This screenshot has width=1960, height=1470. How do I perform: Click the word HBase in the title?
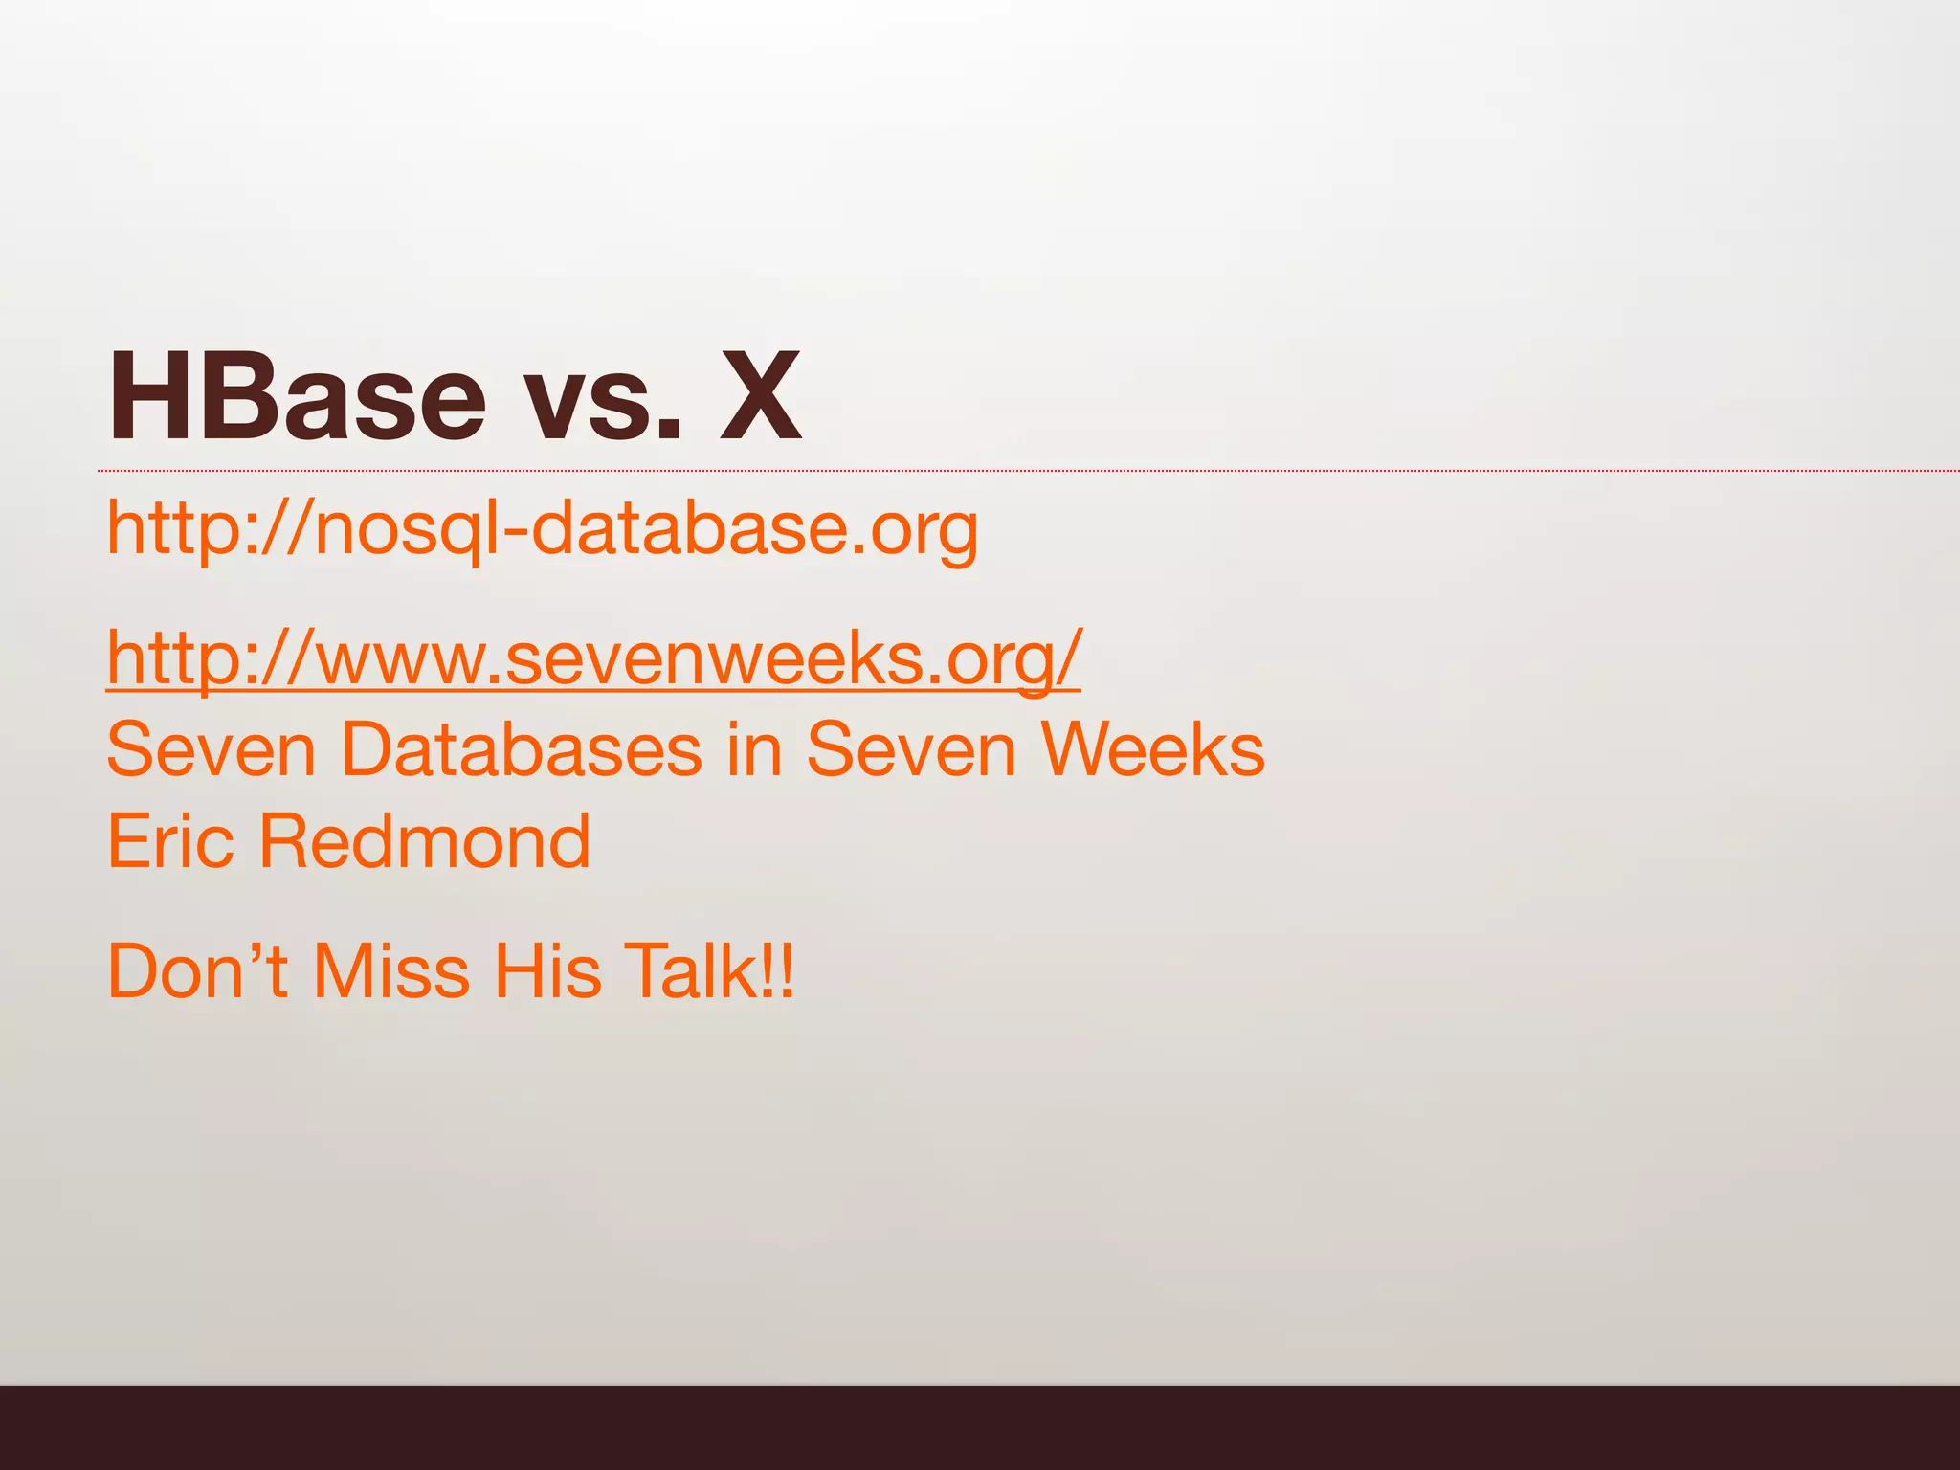pos(297,397)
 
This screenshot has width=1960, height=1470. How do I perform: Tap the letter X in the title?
pos(760,397)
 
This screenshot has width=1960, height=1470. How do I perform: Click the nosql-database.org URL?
pos(542,529)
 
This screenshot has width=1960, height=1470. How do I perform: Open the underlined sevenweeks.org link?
pos(593,658)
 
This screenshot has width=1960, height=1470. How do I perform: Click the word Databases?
pos(522,749)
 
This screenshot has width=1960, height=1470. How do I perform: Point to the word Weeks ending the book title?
pos(1152,749)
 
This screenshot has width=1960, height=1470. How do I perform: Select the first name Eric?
pos(170,841)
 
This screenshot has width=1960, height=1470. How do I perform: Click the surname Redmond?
pos(424,841)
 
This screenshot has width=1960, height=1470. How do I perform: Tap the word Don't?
pos(197,971)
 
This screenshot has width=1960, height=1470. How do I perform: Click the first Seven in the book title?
pos(211,749)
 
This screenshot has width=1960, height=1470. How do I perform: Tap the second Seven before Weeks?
pos(910,749)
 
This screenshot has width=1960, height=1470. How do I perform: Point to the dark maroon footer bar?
pos(980,1427)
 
